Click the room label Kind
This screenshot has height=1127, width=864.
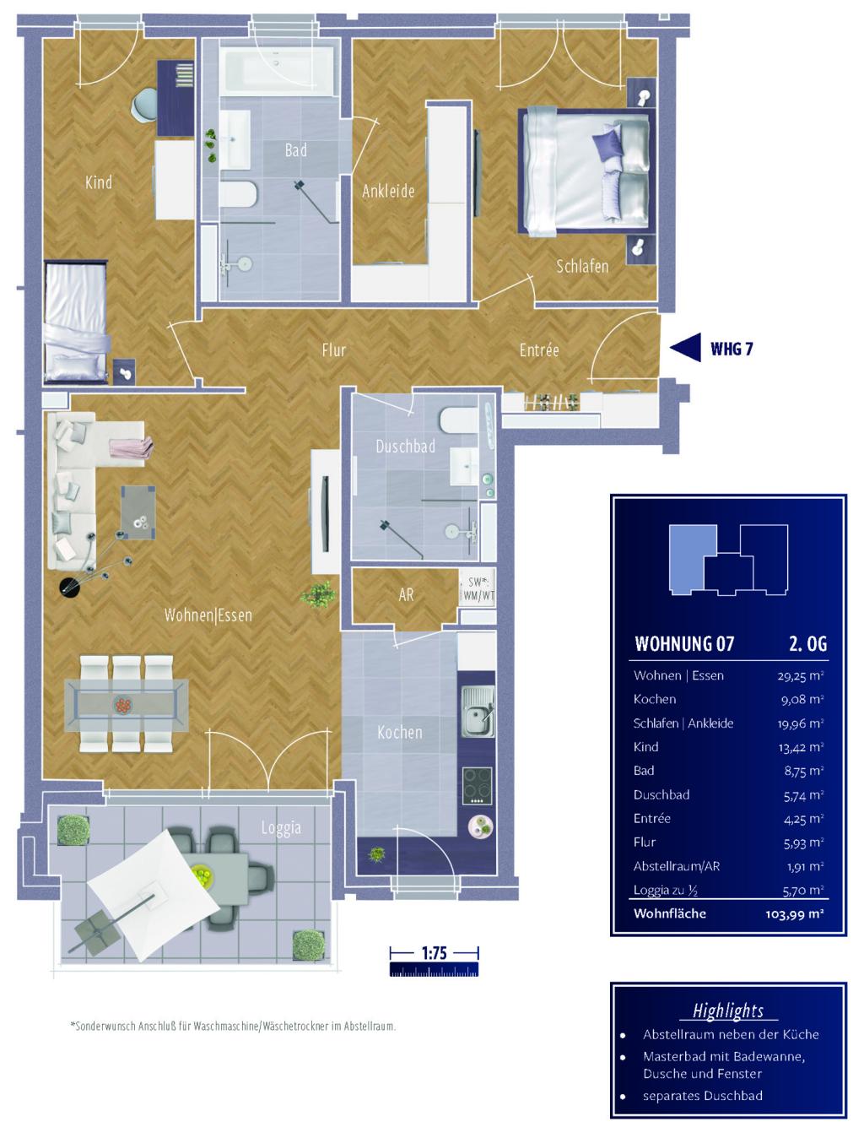(x=99, y=182)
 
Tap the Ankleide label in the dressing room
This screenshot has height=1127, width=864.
(x=388, y=192)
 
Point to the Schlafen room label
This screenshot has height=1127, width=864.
(x=582, y=266)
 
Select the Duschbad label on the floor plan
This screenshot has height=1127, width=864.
(x=405, y=446)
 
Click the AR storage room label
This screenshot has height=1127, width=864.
(x=407, y=594)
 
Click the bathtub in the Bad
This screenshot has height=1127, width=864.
(x=278, y=71)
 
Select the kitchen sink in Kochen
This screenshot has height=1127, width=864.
(x=478, y=711)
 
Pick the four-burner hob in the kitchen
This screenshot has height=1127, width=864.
(x=478, y=786)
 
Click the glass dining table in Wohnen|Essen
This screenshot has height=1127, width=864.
(x=126, y=705)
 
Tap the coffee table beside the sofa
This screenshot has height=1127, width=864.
(x=138, y=512)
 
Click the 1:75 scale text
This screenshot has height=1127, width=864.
(x=435, y=953)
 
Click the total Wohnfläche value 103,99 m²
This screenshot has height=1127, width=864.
(x=795, y=913)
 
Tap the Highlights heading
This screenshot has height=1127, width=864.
(x=728, y=1011)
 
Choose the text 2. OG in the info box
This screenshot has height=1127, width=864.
(x=807, y=643)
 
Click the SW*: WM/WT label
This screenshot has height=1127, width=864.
(x=478, y=588)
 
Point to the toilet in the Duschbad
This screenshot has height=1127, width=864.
(x=459, y=420)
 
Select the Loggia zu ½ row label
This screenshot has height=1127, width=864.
(x=666, y=890)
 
